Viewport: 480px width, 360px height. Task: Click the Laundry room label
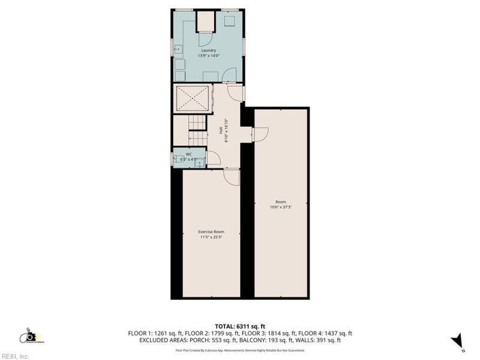[208, 50]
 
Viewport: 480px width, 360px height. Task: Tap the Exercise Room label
[211, 232]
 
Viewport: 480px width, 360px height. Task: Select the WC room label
[188, 154]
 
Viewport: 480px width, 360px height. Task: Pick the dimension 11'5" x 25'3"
[211, 237]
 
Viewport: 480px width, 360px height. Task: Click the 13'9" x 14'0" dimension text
[208, 56]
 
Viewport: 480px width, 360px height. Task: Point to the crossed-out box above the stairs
[193, 98]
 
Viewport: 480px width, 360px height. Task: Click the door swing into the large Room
[261, 134]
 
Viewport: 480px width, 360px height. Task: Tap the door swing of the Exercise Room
[232, 177]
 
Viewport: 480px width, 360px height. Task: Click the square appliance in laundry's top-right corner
[230, 22]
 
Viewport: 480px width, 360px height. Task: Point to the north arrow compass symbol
[457, 340]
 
